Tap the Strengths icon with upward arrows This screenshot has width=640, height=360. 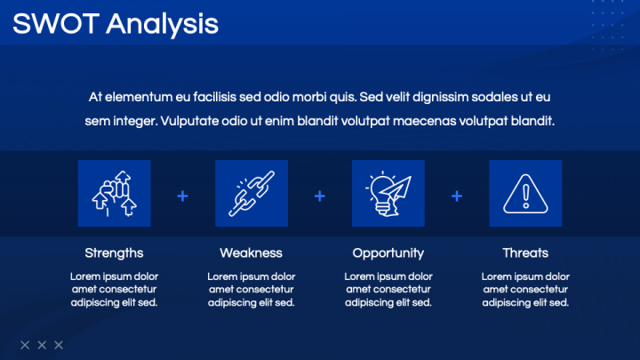(x=115, y=194)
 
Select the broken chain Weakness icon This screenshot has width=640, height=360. (x=252, y=194)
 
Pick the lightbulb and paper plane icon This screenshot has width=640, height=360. (x=388, y=194)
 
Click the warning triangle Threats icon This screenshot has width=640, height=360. (x=525, y=194)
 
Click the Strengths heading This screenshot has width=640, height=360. (x=115, y=252)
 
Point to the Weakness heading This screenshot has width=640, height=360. (x=252, y=252)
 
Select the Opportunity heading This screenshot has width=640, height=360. (x=388, y=252)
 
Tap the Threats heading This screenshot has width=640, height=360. (x=525, y=252)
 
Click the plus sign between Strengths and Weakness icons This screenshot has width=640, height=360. (x=183, y=196)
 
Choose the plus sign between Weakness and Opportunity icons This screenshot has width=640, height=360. (x=320, y=196)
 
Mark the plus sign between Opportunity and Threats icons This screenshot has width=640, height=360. (x=457, y=196)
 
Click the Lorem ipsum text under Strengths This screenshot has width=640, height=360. (x=115, y=289)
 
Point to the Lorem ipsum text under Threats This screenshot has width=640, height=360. (x=525, y=289)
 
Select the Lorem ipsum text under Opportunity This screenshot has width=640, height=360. (x=388, y=289)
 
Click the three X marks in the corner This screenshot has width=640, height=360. (x=42, y=344)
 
